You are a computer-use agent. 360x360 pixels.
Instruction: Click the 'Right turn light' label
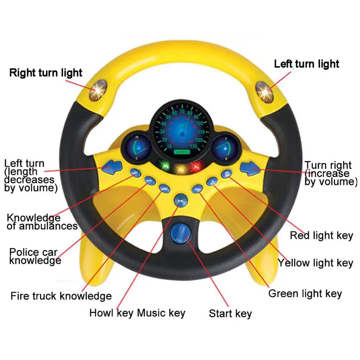point(46,73)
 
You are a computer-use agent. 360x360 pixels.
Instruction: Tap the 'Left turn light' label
point(306,64)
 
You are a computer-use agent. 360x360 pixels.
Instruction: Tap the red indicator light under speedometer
point(195,166)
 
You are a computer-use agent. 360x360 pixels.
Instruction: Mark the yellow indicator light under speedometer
point(180,168)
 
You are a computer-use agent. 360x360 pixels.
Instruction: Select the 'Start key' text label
point(230,314)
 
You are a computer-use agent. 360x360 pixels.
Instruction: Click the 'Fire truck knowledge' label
point(61,296)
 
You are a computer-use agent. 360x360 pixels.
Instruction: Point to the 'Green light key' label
point(305,293)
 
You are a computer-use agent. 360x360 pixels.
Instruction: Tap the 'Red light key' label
point(321,235)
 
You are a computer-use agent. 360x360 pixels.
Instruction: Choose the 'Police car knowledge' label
point(35,256)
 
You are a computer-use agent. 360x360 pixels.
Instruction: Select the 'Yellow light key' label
point(315,263)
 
